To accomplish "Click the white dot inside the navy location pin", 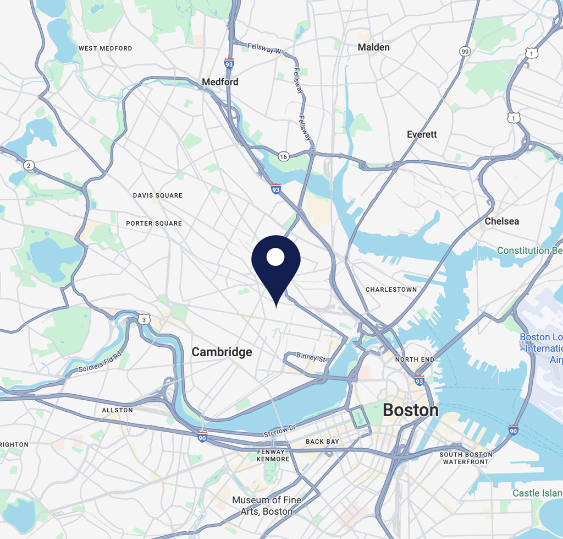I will point(275,257).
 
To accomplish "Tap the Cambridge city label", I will point(222,352).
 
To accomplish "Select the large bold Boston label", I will point(411,410).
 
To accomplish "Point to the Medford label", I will point(220,82).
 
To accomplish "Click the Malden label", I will point(374,47).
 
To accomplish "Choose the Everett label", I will point(422,134).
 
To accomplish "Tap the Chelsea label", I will point(501,221).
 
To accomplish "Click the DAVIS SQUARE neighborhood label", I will point(158,195).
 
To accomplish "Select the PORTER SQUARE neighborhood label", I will point(154,224).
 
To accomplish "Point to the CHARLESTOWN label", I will point(391,290).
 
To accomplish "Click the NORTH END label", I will point(415,360).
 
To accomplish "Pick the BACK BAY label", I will point(322,442).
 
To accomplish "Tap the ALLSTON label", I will point(118,410).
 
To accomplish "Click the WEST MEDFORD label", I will point(105,48).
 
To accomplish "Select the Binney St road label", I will point(311,357).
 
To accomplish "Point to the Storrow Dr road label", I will point(279,431).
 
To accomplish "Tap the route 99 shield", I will point(465,51).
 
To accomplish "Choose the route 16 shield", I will point(283,157).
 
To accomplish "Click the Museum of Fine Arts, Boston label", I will point(267,505).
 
